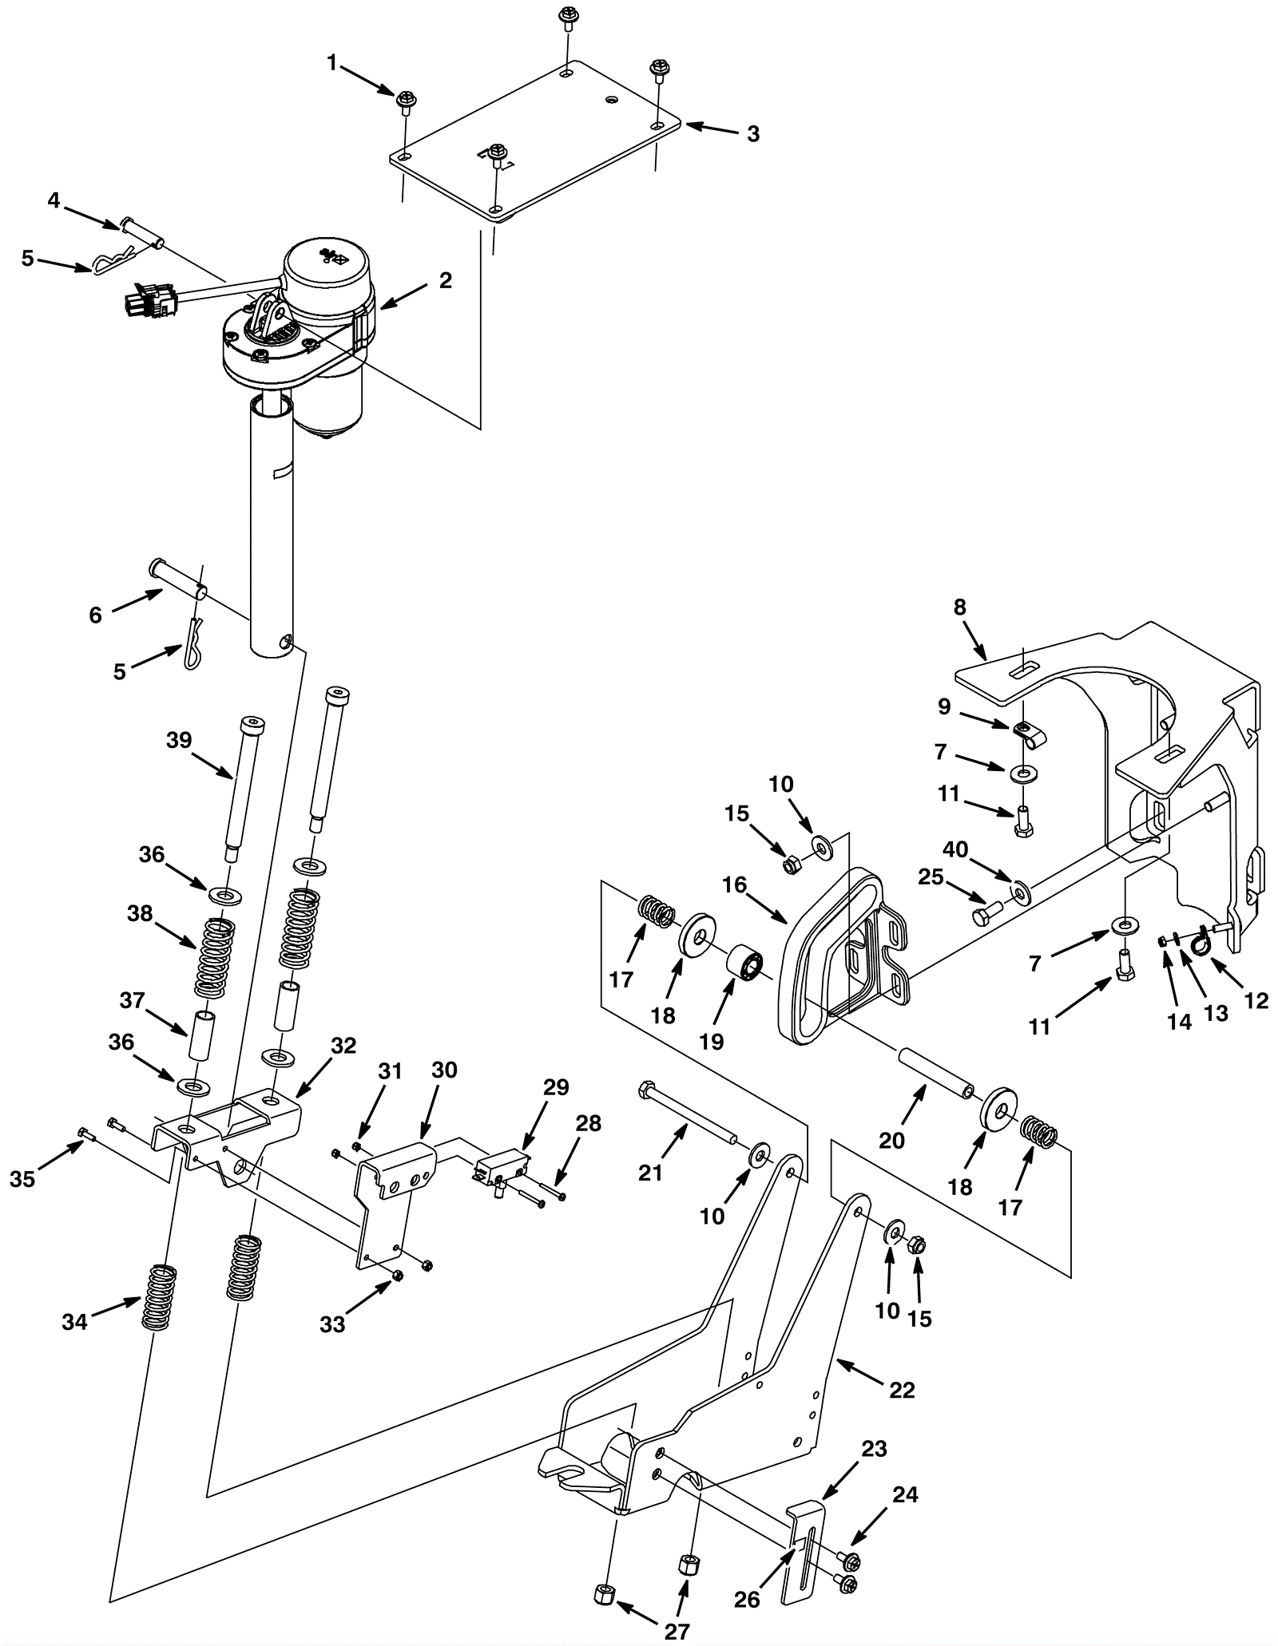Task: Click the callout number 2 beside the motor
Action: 445,280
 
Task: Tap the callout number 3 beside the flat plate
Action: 752,134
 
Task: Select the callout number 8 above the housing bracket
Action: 959,607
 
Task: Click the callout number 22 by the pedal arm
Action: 902,1390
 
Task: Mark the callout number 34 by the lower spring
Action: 74,1322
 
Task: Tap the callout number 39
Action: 179,740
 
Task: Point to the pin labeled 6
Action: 178,580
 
